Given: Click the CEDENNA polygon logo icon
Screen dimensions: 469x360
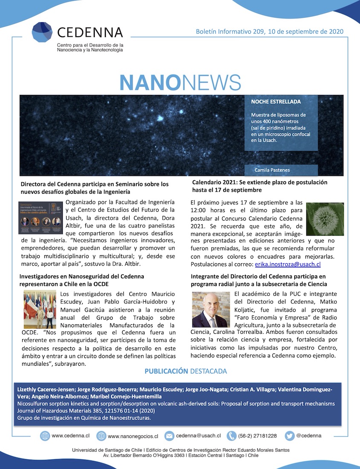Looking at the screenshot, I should [42, 32].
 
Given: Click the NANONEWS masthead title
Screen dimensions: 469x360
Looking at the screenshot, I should [180, 83].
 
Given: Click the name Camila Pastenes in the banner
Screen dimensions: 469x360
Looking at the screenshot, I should [272, 170].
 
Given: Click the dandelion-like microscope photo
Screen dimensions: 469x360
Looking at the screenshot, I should [325, 219].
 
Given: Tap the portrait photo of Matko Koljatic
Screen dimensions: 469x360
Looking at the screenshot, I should [211, 309].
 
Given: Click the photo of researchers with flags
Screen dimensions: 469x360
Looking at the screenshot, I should [40, 309].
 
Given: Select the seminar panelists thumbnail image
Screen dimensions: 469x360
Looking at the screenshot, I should [41, 217].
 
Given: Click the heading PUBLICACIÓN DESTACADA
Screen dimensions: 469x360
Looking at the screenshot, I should [186, 371].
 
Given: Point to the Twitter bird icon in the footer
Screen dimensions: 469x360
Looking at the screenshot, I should [290, 436].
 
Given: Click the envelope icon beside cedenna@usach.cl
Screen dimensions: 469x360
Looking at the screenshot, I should [169, 436].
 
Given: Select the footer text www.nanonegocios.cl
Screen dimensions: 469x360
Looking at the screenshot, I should [133, 436].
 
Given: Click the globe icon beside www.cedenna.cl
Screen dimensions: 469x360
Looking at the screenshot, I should [45, 436].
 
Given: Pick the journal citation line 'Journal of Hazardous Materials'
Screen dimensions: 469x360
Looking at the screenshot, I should [86, 411].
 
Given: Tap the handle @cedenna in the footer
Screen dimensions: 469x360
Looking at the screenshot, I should [309, 436].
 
